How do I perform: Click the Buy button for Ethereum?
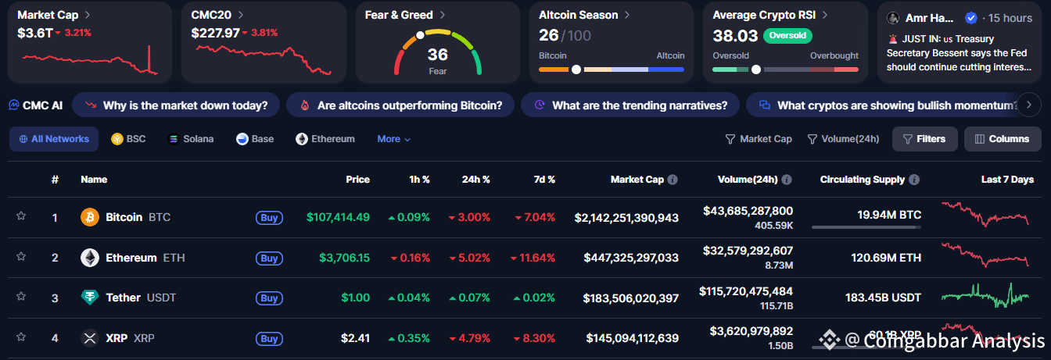click(x=269, y=258)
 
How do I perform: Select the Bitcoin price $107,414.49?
click(x=338, y=217)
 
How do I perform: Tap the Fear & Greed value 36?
click(x=438, y=55)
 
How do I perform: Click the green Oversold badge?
click(x=787, y=35)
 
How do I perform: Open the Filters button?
click(x=924, y=139)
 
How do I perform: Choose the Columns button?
click(x=1002, y=139)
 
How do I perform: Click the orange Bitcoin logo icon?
click(x=90, y=217)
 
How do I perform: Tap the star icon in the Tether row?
click(x=21, y=297)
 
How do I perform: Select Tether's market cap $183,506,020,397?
click(x=630, y=298)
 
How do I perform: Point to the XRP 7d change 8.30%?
click(x=534, y=338)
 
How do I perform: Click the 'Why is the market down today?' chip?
click(x=175, y=105)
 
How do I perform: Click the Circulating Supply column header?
click(x=863, y=180)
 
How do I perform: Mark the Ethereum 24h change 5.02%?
click(x=469, y=258)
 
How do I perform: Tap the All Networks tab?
click(x=53, y=139)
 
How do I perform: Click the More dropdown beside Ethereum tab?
click(x=393, y=139)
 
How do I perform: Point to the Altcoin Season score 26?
click(x=549, y=35)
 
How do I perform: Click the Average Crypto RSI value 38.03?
click(x=735, y=35)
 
